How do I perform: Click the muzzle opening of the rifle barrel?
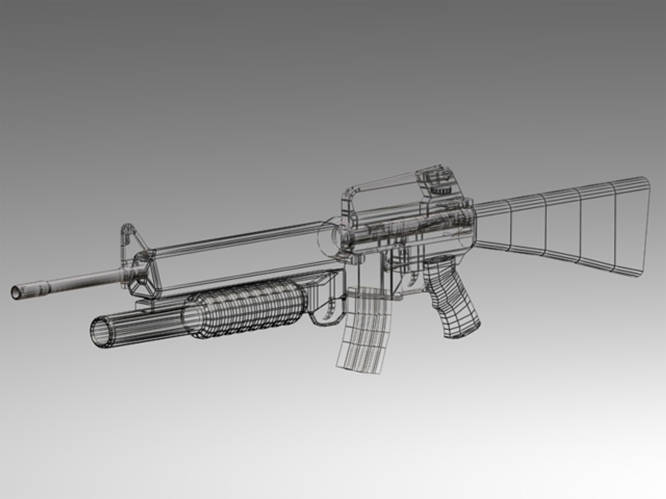pos(16,291)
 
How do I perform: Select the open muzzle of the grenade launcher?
pos(101,332)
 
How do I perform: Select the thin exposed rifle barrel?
pos(69,280)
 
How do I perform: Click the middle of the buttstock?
pos(564,226)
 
